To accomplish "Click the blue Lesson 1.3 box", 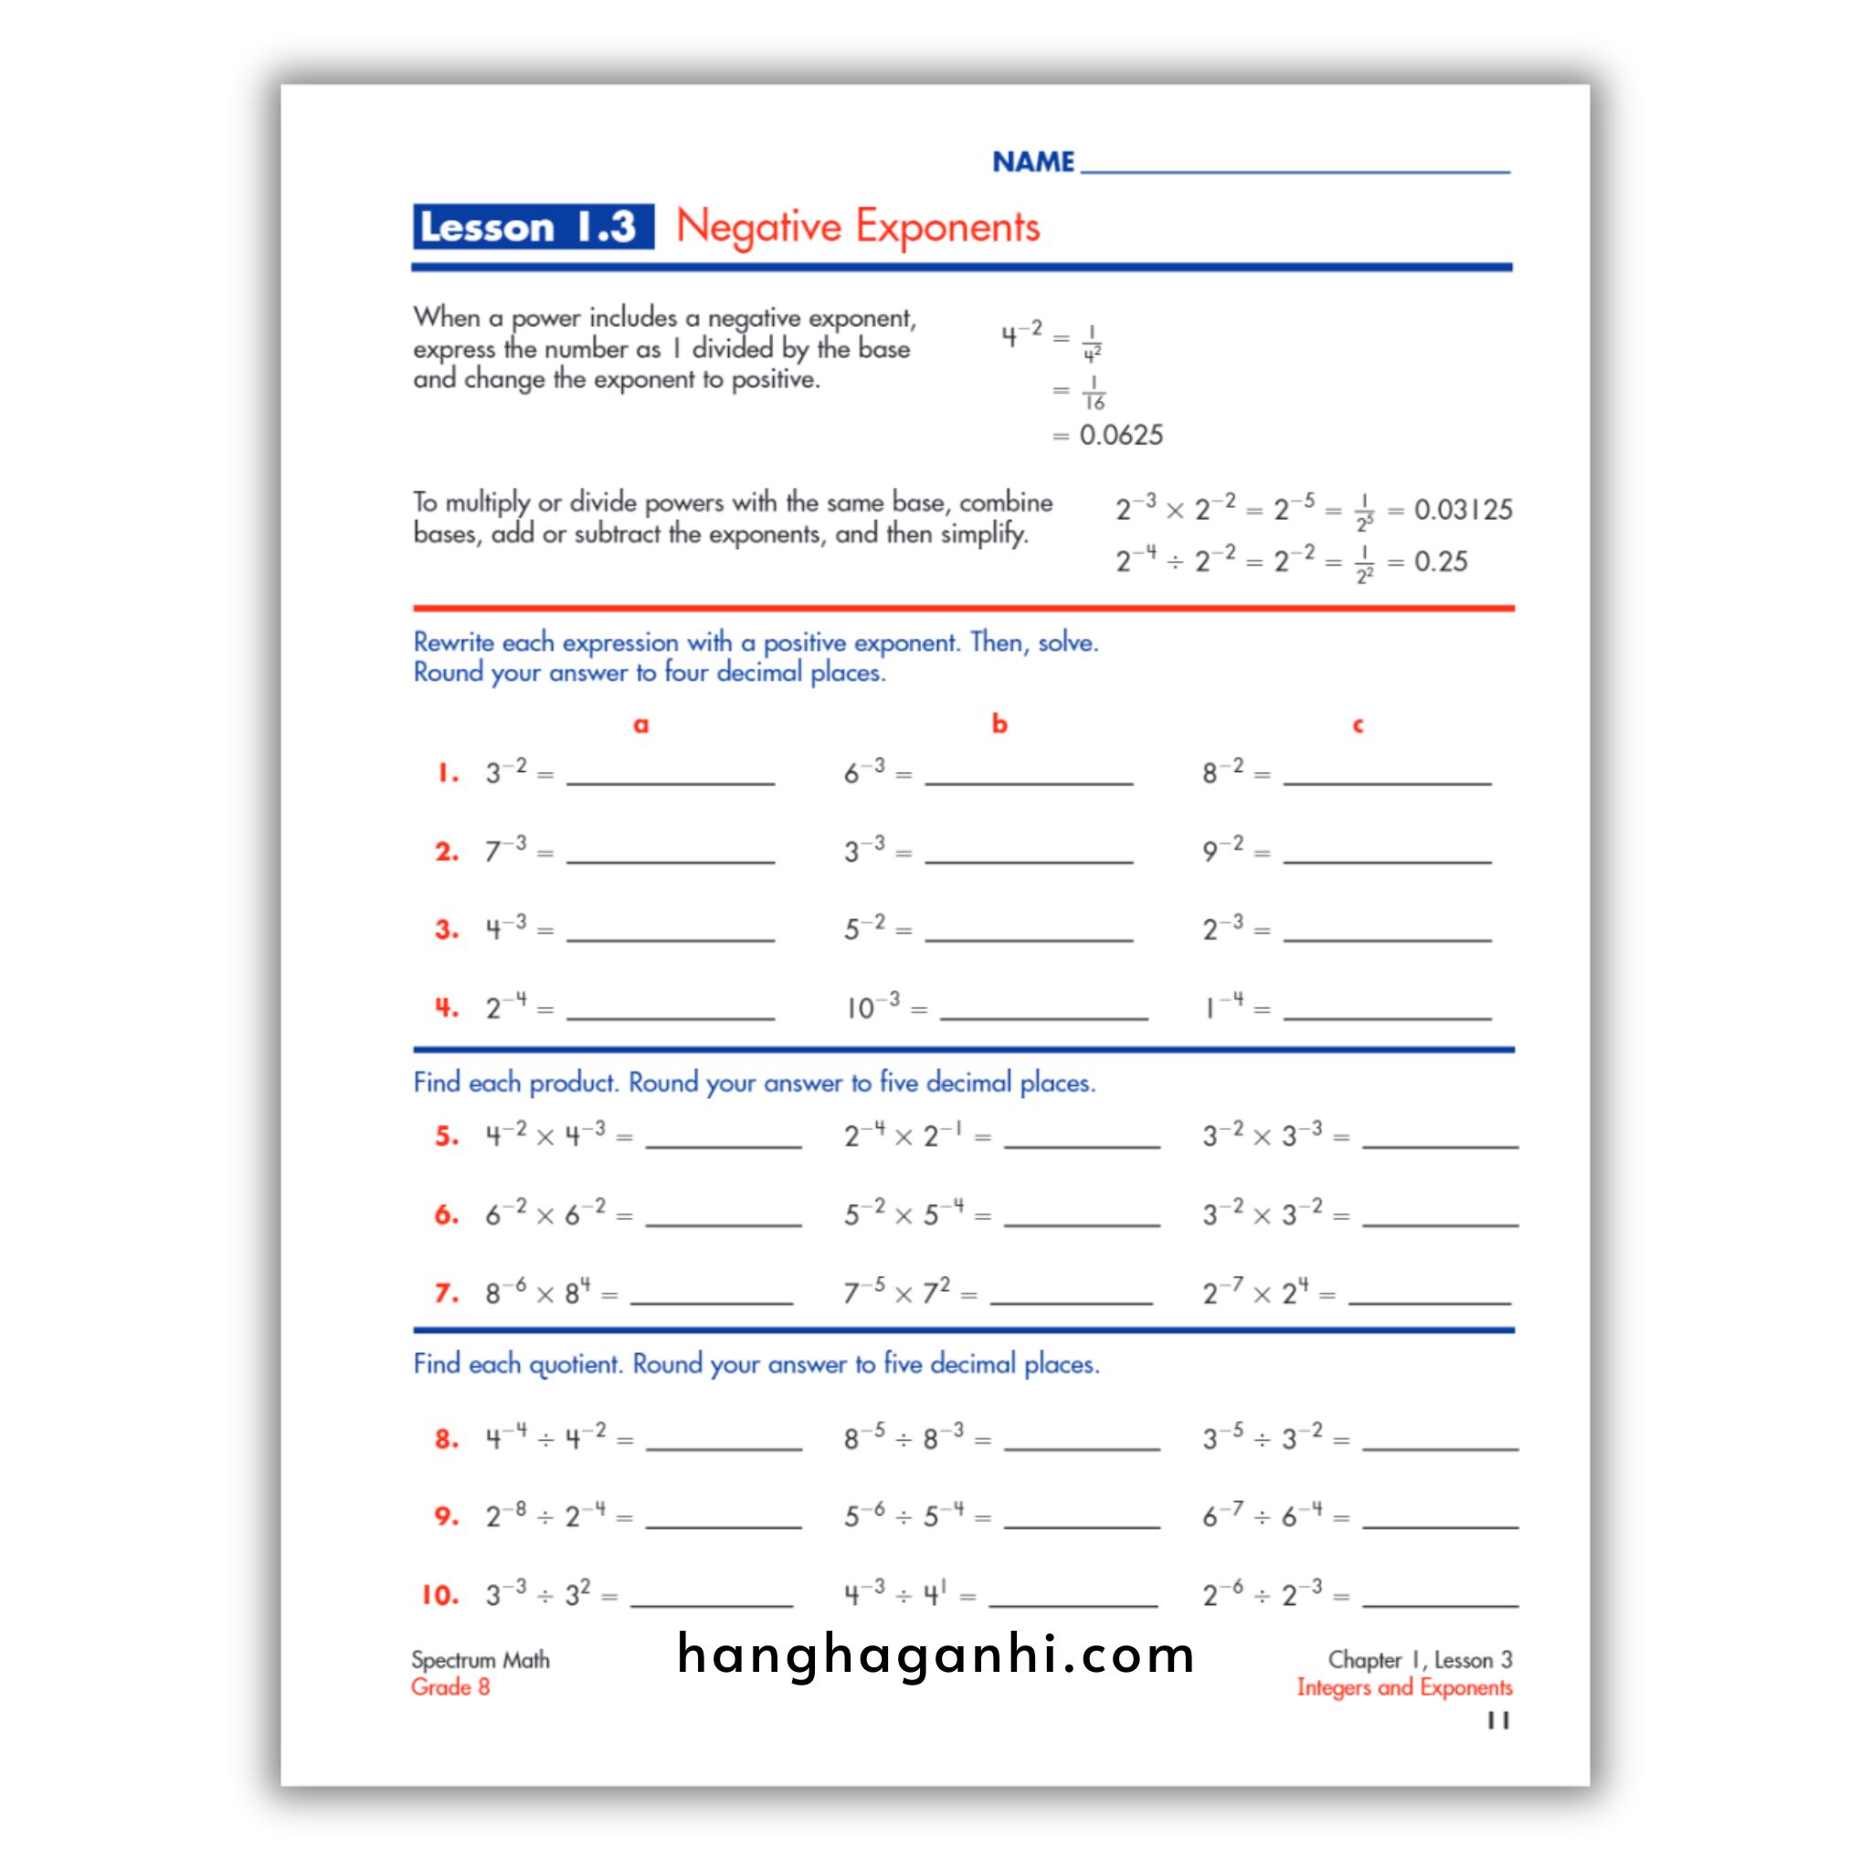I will (x=533, y=227).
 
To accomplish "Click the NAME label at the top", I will (x=1032, y=162).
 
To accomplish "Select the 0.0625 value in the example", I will (x=1122, y=436).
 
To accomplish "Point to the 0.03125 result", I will (x=1463, y=510).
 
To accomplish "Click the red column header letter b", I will (x=999, y=724).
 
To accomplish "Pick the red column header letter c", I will (x=1358, y=724).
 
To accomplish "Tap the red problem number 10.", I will (x=439, y=1595).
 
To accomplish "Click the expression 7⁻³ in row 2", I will (x=505, y=851).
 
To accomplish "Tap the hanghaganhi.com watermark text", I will (x=935, y=1654).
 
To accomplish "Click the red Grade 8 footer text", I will (x=450, y=1687).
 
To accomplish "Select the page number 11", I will (x=1498, y=1720).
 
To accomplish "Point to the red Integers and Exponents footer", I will (x=1404, y=1687).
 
